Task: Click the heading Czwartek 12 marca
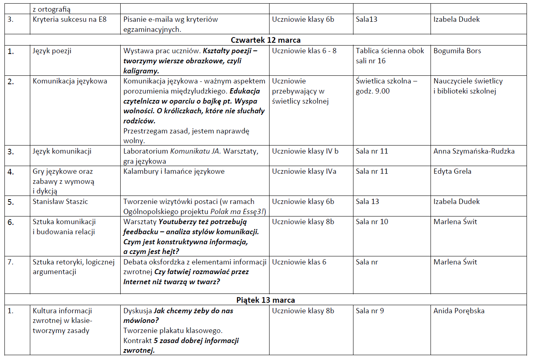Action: (265, 40)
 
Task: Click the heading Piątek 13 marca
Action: (265, 300)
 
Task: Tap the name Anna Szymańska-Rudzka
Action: (474, 152)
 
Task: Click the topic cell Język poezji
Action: (52, 51)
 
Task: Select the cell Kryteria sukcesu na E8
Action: (69, 19)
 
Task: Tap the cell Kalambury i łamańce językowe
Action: (174, 171)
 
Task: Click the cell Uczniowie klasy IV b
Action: (305, 152)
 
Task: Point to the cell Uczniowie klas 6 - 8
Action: (304, 51)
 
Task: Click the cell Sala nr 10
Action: (372, 222)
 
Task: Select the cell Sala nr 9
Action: (370, 311)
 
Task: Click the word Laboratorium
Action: (145, 152)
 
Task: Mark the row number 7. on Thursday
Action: (10, 262)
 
